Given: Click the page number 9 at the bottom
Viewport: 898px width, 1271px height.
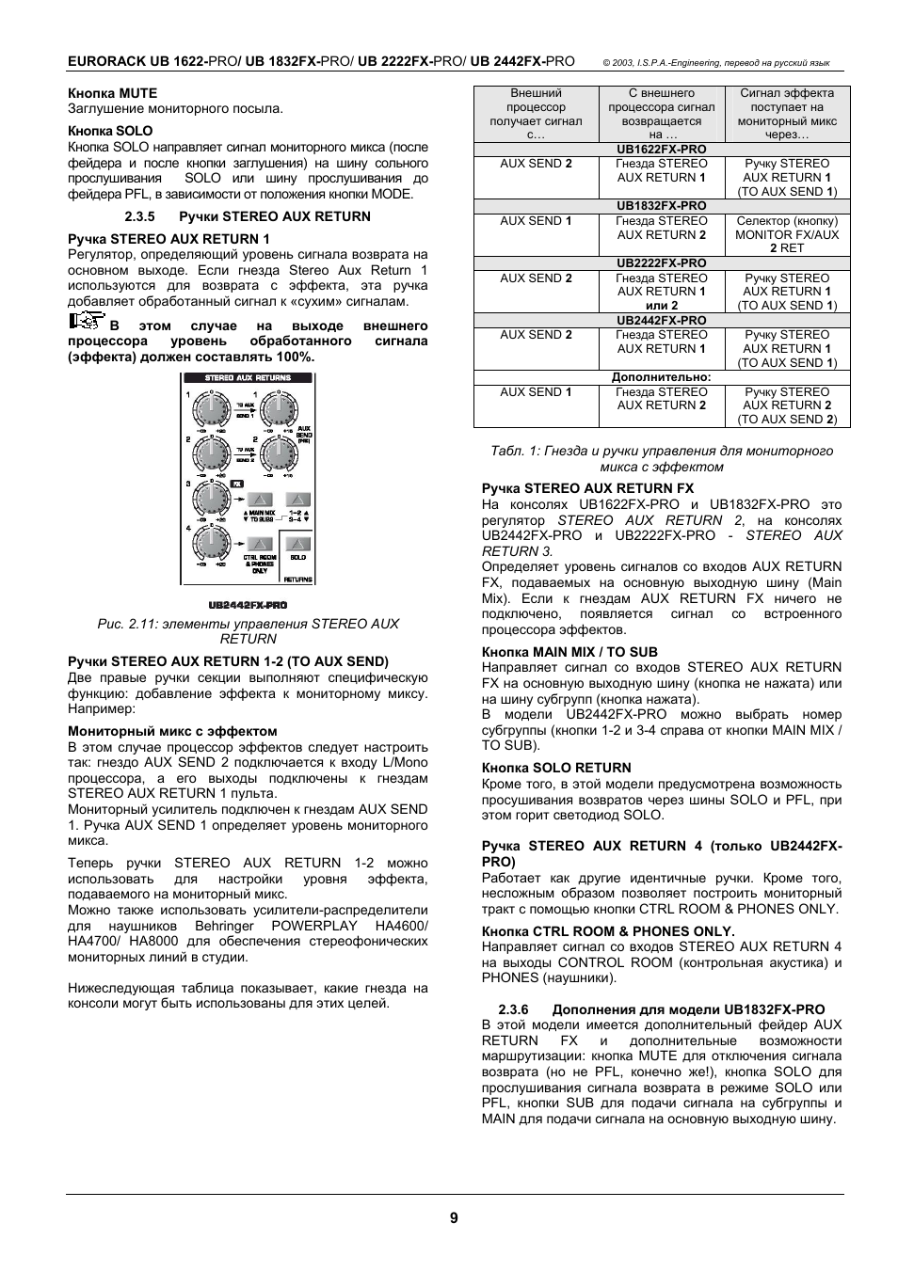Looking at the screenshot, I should pyautogui.click(x=453, y=1217).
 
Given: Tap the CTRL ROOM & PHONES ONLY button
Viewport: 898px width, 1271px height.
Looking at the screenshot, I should pyautogui.click(x=260, y=544).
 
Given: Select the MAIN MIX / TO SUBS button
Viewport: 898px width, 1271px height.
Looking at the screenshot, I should pyautogui.click(x=260, y=500).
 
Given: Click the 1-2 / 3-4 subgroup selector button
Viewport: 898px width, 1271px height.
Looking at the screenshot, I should pyautogui.click(x=298, y=500).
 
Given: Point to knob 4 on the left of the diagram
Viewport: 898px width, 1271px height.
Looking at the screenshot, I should pyautogui.click(x=212, y=544).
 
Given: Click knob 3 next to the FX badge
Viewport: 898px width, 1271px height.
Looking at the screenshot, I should pyautogui.click(x=212, y=500).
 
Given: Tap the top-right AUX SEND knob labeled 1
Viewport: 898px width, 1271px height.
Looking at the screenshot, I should pyautogui.click(x=279, y=409).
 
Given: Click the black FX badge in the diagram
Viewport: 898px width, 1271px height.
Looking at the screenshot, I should pyautogui.click(x=236, y=484).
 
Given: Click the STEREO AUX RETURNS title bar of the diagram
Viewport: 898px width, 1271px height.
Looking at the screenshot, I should pyautogui.click(x=248, y=378).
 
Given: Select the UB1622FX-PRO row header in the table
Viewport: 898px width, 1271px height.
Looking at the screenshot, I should pyautogui.click(x=661, y=150).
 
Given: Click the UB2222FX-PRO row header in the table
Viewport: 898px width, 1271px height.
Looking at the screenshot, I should pyautogui.click(x=661, y=263).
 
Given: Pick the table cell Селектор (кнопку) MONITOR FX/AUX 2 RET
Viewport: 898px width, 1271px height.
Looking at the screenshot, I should pyautogui.click(x=787, y=234).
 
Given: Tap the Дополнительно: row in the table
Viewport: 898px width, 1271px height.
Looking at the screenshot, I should pyautogui.click(x=661, y=377).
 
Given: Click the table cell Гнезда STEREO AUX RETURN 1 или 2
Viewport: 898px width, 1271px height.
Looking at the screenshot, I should pyautogui.click(x=661, y=292).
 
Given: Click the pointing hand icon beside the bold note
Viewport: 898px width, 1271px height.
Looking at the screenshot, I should pyautogui.click(x=86, y=322).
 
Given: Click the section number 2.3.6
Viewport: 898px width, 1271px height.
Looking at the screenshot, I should pyautogui.click(x=512, y=1009).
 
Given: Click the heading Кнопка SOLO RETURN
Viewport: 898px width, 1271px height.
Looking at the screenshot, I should pyautogui.click(x=555, y=768).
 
